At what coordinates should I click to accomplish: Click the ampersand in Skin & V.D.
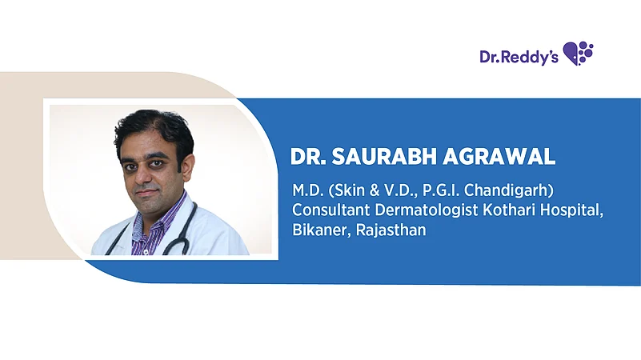359,193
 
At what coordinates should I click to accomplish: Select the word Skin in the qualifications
339,193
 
